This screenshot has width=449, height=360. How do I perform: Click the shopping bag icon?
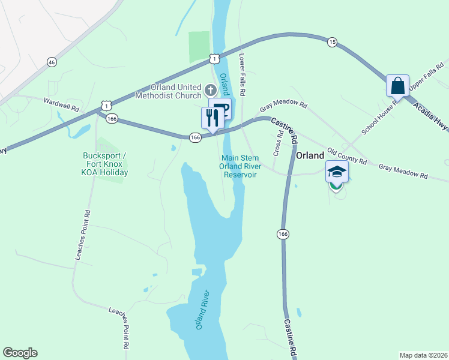coord(397,86)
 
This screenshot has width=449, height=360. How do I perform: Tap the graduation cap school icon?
coord(337,172)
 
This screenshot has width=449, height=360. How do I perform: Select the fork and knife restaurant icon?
coord(212,118)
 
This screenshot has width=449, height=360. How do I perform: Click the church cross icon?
coord(210,90)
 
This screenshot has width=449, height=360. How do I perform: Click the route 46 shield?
coord(52,62)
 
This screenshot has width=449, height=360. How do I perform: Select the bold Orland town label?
coord(310,155)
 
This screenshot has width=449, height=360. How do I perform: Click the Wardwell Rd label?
coord(61,106)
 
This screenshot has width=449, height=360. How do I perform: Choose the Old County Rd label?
coord(346,157)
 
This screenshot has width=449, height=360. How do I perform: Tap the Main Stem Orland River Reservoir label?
coord(240,166)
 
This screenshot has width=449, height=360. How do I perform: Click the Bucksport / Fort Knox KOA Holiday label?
coord(106,164)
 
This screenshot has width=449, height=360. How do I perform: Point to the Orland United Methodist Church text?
coord(170,91)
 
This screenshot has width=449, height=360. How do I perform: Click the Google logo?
coord(20,353)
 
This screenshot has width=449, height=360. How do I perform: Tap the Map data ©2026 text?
coord(423,355)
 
